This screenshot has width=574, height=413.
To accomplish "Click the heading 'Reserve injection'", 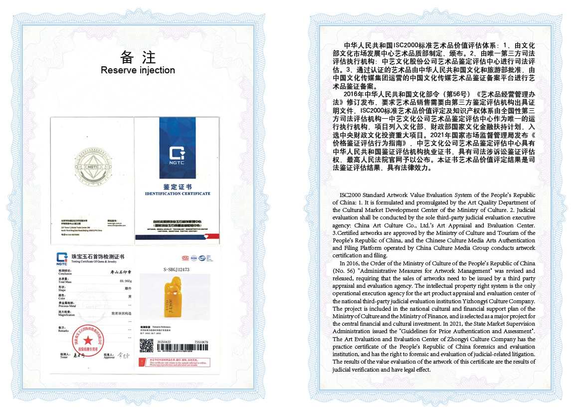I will [138, 70].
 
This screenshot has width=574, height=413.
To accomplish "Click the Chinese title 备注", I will [138, 56].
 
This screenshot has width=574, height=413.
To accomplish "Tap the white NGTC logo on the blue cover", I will [177, 154].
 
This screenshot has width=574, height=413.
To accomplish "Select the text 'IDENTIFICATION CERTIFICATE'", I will [177, 194].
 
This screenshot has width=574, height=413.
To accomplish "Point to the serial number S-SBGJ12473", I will [176, 270].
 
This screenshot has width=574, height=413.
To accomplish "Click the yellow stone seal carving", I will [177, 306].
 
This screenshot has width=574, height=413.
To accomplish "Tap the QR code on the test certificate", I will [146, 345].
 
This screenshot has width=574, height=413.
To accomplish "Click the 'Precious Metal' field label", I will [67, 305].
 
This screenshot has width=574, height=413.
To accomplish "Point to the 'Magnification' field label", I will [67, 315].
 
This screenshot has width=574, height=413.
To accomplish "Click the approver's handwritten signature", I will [123, 356].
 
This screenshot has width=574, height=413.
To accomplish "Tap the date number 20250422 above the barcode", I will [164, 342].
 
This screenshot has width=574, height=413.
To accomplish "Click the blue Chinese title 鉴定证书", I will [177, 186].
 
